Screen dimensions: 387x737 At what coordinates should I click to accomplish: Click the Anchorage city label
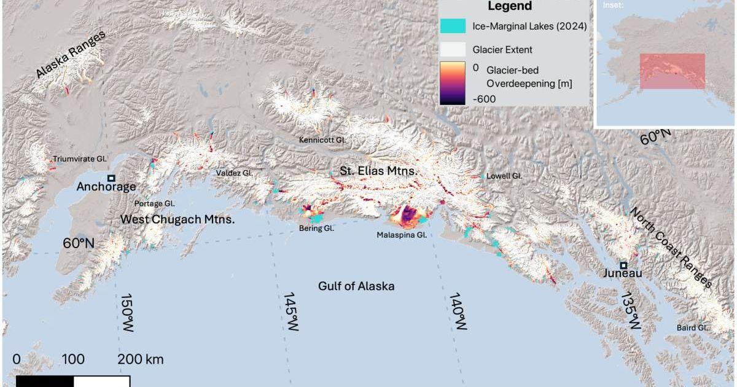click(x=106, y=188)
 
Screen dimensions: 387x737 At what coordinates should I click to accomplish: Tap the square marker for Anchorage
click(x=111, y=178)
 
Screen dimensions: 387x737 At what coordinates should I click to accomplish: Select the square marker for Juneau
click(x=623, y=265)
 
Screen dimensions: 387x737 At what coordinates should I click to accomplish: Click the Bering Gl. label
click(x=316, y=228)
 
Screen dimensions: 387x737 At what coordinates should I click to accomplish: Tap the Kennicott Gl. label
click(x=322, y=139)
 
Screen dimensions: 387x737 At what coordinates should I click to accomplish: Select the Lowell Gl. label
click(x=504, y=176)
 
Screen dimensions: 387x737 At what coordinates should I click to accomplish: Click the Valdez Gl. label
click(x=234, y=173)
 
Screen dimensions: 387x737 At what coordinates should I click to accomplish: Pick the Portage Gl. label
click(x=155, y=203)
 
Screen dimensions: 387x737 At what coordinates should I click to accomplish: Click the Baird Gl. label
click(x=693, y=327)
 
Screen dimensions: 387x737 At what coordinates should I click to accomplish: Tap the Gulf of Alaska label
click(x=356, y=286)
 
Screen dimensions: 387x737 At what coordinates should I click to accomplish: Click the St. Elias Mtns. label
click(x=379, y=171)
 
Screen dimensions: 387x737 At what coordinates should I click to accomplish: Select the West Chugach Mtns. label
click(x=177, y=219)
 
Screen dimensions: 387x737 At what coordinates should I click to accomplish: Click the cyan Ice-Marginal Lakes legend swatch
click(x=453, y=26)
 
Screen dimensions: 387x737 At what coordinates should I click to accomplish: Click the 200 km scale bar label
click(x=141, y=359)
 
